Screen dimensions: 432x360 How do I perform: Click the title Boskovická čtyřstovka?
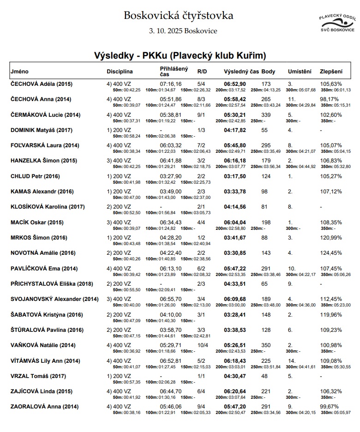(179, 16)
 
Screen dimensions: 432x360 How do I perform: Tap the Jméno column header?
(20, 72)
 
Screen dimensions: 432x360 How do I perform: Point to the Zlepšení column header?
(331, 72)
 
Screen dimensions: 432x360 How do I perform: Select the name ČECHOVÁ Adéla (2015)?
(42, 84)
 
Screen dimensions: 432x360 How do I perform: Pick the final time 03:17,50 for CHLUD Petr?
(234, 176)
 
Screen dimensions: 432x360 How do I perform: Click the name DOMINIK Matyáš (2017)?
(42, 130)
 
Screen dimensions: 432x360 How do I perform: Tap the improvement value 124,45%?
(331, 253)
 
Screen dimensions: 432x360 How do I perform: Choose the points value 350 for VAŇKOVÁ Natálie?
(266, 345)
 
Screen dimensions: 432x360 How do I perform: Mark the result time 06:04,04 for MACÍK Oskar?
(234, 222)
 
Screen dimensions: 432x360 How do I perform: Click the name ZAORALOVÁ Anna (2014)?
(45, 407)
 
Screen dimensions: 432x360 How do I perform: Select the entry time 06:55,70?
(171, 299)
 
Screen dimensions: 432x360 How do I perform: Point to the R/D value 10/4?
(201, 345)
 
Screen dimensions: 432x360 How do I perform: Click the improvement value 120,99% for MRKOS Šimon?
(331, 238)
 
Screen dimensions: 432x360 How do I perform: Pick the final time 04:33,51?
(234, 284)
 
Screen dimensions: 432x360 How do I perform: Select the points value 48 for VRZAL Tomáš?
(264, 376)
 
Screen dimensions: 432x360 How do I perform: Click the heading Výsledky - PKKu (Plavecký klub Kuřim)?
(180, 56)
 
